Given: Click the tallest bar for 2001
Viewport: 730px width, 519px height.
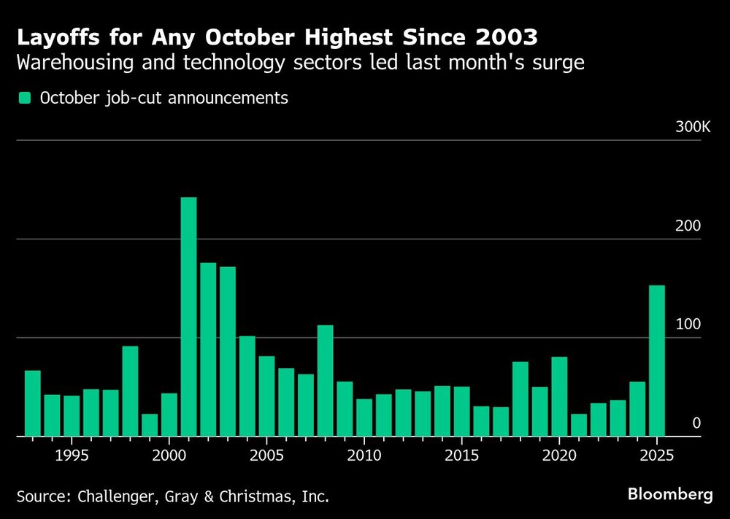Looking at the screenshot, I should click(x=188, y=317).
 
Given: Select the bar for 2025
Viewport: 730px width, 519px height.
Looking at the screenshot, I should click(x=657, y=361).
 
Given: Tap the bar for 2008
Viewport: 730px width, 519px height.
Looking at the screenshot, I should click(x=325, y=380).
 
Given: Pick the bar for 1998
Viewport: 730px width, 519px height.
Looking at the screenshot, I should click(x=130, y=391).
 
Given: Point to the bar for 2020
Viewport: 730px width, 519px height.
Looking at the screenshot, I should click(x=559, y=396).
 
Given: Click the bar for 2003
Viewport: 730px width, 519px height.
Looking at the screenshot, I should click(x=228, y=351).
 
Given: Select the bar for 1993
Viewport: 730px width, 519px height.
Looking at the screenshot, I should click(x=33, y=403).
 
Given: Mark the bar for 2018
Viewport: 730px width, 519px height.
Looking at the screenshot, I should click(x=520, y=399).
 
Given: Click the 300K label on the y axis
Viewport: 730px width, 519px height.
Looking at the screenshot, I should click(x=692, y=127).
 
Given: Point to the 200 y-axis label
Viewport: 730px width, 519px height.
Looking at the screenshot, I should click(x=688, y=226).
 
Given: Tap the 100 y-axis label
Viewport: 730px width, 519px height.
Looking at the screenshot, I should click(x=688, y=325).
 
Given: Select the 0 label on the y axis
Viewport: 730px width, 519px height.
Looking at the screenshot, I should click(x=696, y=423).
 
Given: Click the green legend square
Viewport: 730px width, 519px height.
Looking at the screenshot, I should click(x=24, y=98).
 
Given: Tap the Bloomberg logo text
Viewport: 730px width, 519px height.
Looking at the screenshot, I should click(x=670, y=494).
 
